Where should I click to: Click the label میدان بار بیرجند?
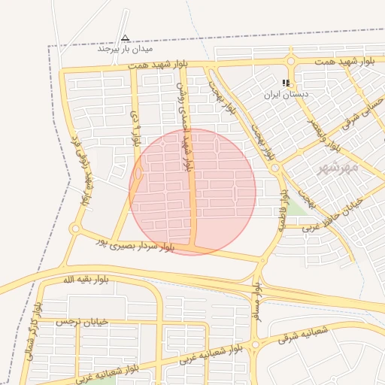124,49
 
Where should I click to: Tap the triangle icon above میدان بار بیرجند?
125,37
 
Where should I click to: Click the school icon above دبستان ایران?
286,83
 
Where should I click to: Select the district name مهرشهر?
339,166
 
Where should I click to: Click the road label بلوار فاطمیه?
283,206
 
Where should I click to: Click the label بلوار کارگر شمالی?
33,332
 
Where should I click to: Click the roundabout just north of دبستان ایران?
290,62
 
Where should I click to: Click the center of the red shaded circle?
192,191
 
